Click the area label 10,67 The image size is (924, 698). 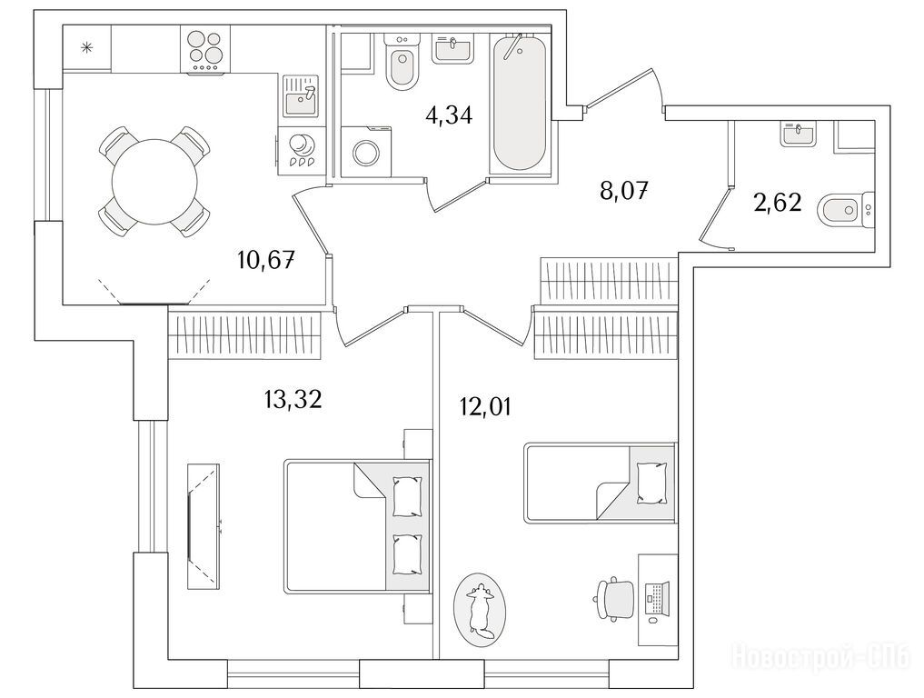click(x=266, y=259)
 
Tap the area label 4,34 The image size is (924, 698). click(x=449, y=115)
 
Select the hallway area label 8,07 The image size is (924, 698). click(x=624, y=192)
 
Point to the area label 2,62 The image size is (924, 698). click(x=778, y=202)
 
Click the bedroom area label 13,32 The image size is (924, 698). click(x=293, y=400)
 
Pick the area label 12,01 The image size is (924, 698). click(x=485, y=407)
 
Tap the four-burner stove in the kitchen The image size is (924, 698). click(x=206, y=51)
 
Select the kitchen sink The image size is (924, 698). click(x=301, y=95)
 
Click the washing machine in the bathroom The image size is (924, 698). click(x=365, y=152)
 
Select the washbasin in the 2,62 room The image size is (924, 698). click(x=799, y=134)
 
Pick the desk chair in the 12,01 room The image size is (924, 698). click(x=613, y=598)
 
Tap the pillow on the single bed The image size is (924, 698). click(x=652, y=483)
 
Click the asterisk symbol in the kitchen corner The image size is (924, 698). click(x=86, y=48)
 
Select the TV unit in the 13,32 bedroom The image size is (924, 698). click(x=204, y=526)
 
